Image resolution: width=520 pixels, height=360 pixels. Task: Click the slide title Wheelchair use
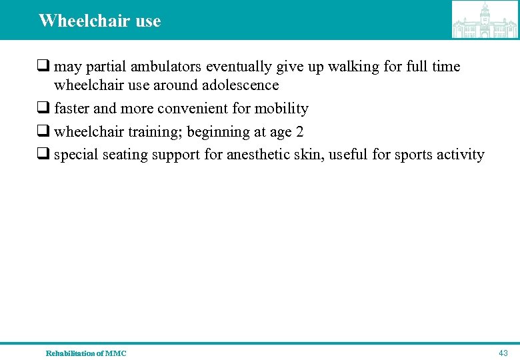pos(99,21)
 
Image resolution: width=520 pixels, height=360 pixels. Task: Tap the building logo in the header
pos(485,20)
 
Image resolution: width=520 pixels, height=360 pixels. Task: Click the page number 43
pos(503,353)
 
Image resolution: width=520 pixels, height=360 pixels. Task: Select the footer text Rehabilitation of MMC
pos(85,353)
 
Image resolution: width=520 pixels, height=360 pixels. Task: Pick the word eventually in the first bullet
pos(239,67)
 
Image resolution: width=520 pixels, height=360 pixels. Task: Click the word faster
pos(72,109)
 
